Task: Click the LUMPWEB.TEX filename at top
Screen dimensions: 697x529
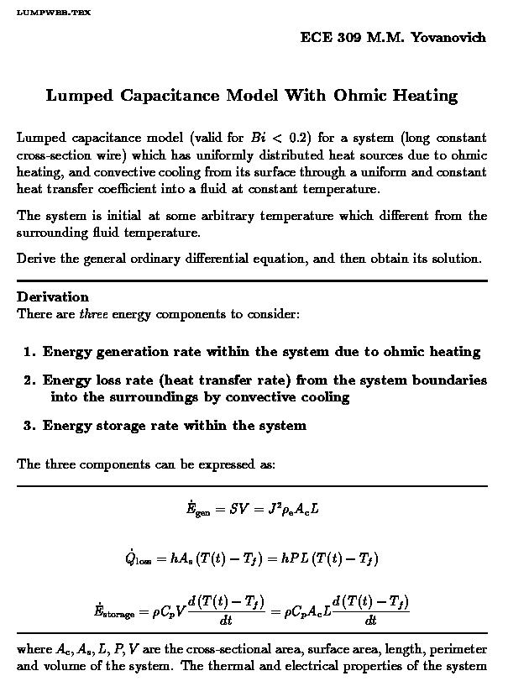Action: click(x=54, y=13)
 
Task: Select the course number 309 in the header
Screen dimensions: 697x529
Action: click(x=347, y=38)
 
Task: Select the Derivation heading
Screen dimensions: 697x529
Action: click(x=52, y=297)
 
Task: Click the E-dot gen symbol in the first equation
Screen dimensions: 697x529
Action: click(x=197, y=510)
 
